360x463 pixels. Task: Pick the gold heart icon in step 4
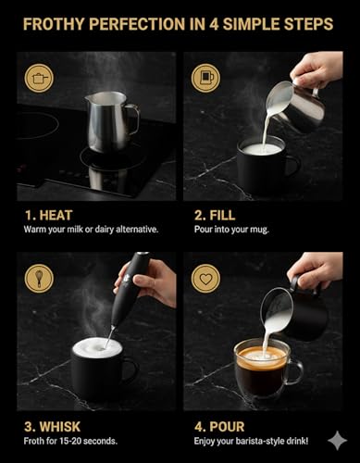(x=205, y=277)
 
